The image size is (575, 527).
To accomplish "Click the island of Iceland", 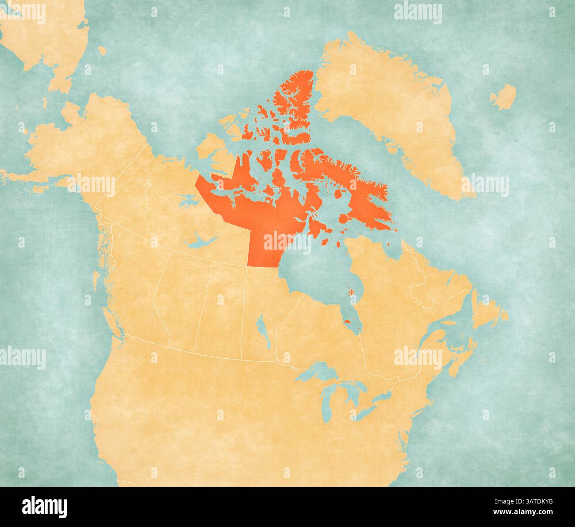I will point(503,97).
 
